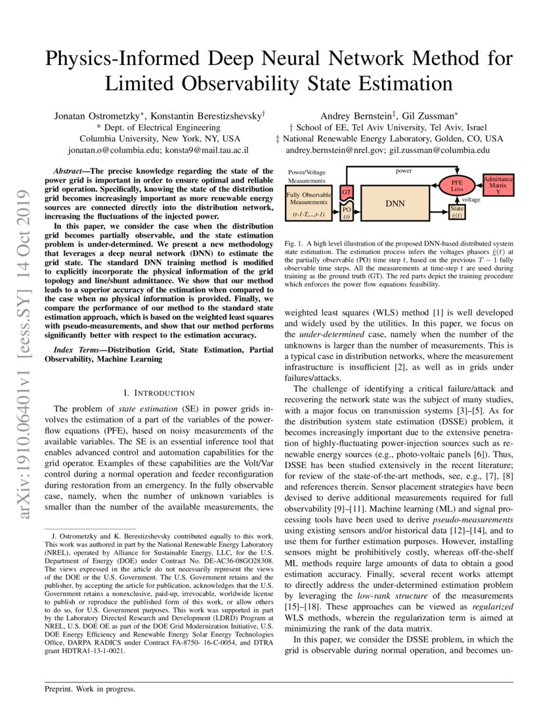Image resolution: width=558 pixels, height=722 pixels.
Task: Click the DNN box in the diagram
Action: [x=395, y=203]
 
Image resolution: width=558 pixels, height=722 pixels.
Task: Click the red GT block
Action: [x=346, y=192]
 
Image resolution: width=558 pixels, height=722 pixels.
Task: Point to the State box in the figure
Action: [x=457, y=211]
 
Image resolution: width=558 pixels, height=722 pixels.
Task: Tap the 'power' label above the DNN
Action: [x=403, y=171]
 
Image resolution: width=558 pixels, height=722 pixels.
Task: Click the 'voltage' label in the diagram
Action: [x=470, y=199]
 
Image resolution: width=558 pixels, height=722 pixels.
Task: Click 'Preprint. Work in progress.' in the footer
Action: [x=89, y=689]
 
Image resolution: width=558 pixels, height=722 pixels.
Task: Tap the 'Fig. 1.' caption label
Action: [x=295, y=244]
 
